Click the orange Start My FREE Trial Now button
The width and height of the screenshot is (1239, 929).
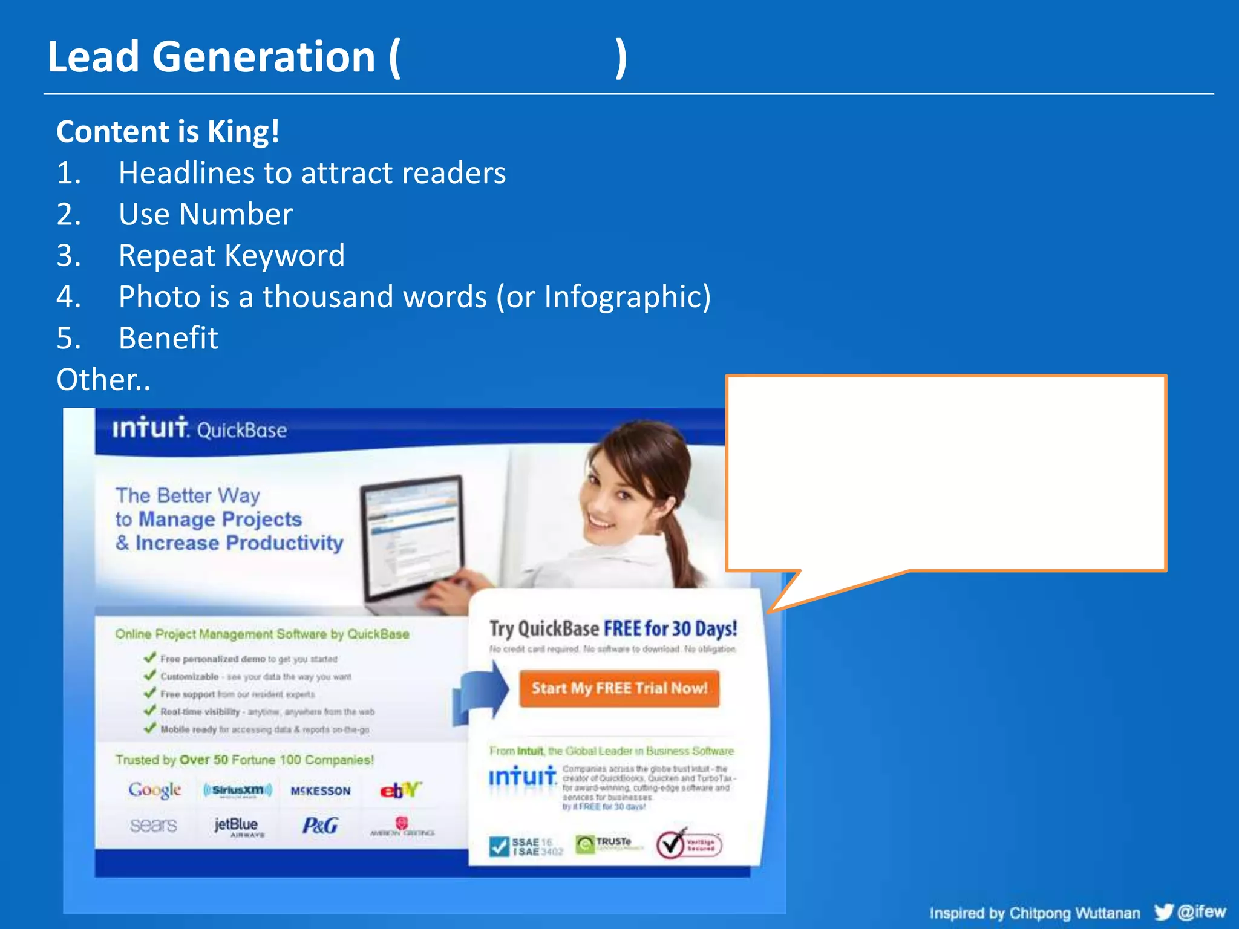pos(619,688)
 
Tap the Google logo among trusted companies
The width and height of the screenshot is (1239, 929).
pos(155,789)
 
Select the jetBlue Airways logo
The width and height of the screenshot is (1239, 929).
pos(237,826)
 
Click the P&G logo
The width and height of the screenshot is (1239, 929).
pos(320,826)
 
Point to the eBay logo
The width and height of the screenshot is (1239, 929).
pos(400,789)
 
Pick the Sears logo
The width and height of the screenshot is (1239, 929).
pos(154,826)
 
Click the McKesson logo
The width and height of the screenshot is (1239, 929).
pos(320,790)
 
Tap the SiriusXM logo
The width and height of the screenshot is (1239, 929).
pos(238,790)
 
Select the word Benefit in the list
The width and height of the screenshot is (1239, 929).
pos(168,338)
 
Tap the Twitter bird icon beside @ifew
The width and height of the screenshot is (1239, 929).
pos(1163,911)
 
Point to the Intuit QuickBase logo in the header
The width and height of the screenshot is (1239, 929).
pos(199,428)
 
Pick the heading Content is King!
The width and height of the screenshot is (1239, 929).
pos(168,131)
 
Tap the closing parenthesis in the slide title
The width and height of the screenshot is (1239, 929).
pos(621,57)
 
